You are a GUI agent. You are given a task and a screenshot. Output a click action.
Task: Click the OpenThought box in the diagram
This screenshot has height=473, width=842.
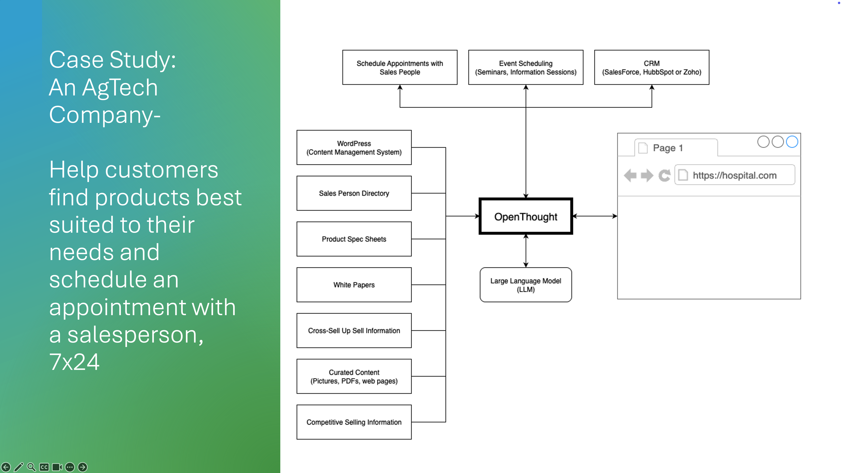tap(526, 216)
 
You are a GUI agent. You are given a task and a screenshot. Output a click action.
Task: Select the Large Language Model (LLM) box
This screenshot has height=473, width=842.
tap(526, 285)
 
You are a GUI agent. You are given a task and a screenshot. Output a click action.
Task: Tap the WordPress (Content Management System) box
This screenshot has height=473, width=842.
tap(354, 148)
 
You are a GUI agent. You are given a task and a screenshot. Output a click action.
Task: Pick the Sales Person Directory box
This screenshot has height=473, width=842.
tap(354, 193)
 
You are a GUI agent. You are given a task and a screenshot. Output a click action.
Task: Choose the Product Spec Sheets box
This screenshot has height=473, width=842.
tap(354, 239)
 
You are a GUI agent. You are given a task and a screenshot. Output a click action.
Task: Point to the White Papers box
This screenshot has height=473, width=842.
tap(354, 285)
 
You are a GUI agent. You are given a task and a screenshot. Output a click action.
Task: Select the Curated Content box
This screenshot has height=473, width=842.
tap(354, 376)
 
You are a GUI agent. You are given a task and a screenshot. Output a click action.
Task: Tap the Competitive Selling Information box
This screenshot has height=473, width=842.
tap(354, 422)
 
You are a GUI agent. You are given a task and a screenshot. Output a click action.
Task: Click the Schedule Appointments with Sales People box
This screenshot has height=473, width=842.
tap(400, 68)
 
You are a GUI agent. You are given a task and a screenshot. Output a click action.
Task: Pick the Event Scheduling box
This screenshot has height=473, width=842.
tap(526, 68)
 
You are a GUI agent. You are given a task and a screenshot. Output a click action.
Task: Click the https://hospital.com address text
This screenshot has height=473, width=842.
tap(734, 175)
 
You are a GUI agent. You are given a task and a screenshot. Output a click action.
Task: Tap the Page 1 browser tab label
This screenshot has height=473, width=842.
tap(668, 148)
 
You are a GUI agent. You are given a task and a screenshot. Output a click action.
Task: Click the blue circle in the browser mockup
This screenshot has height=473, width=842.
tap(792, 142)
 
